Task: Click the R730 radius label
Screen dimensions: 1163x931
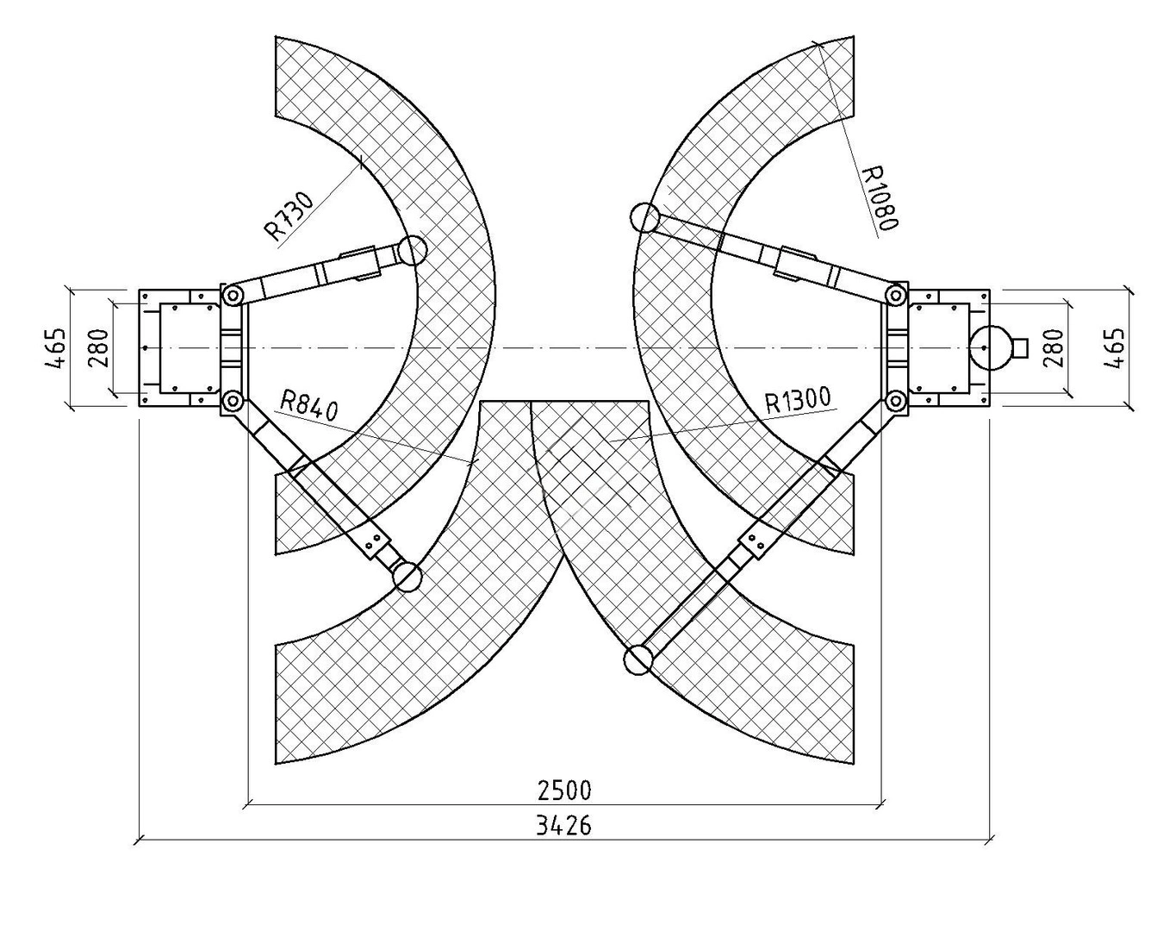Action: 289,216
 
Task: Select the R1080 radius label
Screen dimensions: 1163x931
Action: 878,198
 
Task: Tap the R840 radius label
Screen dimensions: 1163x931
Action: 309,406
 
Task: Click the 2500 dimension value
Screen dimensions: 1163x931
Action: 565,790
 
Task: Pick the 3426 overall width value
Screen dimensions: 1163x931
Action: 563,826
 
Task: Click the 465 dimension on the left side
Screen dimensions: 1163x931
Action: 56,347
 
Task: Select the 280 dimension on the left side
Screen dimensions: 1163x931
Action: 98,348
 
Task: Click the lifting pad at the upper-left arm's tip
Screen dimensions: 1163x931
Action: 412,250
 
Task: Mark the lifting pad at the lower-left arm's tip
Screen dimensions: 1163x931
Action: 407,577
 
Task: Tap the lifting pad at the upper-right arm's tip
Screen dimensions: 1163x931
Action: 645,217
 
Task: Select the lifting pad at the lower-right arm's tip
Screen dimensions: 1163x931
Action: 638,659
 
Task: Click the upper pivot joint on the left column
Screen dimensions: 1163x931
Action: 233,296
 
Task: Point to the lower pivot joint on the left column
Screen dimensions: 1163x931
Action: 233,401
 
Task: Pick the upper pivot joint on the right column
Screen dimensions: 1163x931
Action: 895,296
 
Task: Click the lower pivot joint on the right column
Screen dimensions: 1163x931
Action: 895,401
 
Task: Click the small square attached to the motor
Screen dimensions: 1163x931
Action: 1020,347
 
